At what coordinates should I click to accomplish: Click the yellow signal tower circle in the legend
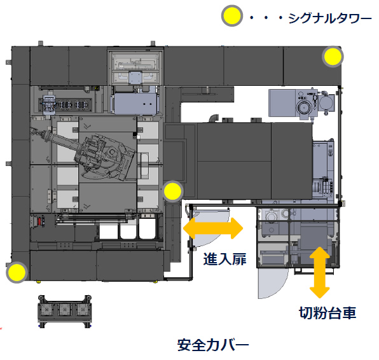coord(232,16)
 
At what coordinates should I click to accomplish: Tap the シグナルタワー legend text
coord(330,18)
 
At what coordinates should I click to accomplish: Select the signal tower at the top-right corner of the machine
coord(333,57)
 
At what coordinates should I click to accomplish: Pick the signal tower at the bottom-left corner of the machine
coord(17,272)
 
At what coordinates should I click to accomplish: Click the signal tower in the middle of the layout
coord(172,191)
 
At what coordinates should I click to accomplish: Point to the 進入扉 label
coord(224,259)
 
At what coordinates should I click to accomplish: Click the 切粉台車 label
coord(327,313)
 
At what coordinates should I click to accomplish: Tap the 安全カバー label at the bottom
coord(213,345)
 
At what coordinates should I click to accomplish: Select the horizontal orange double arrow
coord(213,228)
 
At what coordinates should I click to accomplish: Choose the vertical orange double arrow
coord(319,272)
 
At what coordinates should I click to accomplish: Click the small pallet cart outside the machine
coord(65,312)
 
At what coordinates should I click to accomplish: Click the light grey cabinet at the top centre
coord(135,67)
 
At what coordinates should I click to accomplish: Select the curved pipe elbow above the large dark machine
coord(214,118)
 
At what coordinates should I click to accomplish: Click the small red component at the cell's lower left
coord(38,221)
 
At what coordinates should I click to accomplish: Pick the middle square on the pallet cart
coord(64,309)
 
